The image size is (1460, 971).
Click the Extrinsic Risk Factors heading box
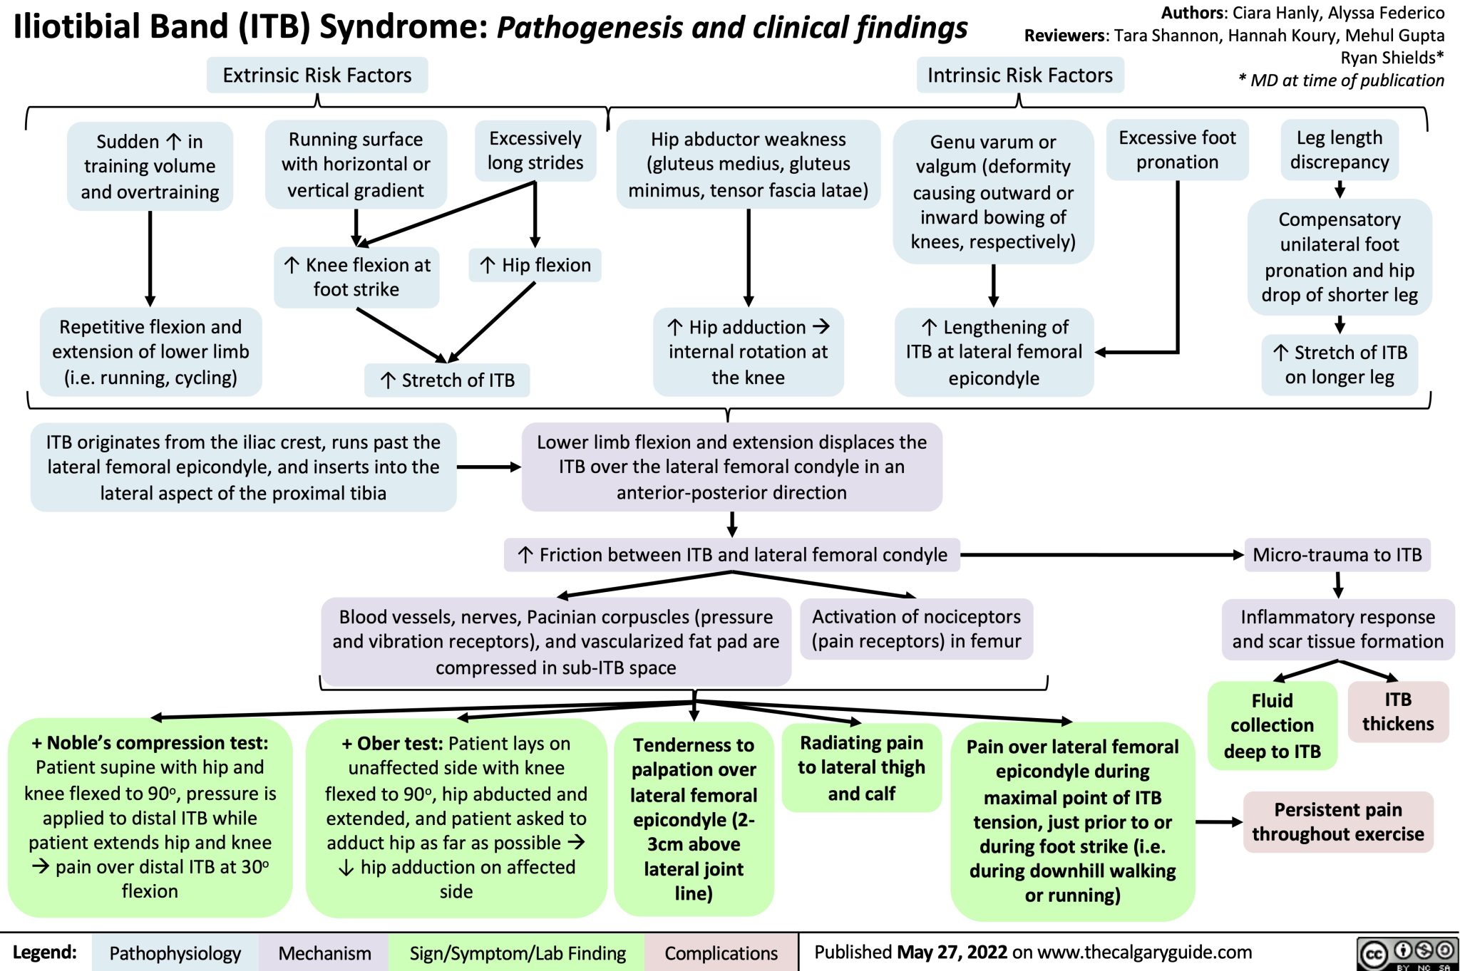point(317,76)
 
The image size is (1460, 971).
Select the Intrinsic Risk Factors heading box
point(1019,76)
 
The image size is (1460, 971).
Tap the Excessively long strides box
point(535,150)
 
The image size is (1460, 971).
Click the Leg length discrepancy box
point(1339,150)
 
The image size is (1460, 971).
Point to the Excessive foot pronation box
point(1177,150)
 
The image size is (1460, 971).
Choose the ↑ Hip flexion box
point(535,265)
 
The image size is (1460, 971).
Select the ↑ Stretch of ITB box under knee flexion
point(447,380)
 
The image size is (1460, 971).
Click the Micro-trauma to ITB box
point(1337,555)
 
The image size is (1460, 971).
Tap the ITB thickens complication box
point(1397,712)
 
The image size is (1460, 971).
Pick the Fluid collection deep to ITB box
point(1272,725)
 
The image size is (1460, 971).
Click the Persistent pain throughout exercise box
point(1337,821)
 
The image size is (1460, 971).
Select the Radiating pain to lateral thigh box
point(861,768)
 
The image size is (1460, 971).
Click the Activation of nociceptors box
point(916,629)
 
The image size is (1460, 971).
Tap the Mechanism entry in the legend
point(324,953)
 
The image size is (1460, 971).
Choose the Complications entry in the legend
point(721,953)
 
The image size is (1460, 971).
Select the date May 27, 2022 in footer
point(952,952)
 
